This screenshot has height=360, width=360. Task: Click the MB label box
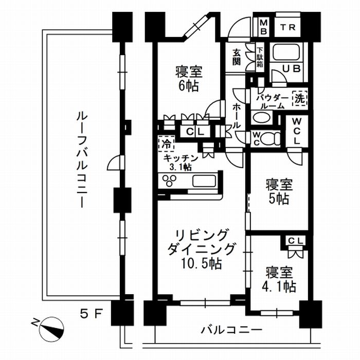coord(263,26)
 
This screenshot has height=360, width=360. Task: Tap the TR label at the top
coord(288,27)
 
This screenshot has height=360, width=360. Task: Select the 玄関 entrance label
coord(237,57)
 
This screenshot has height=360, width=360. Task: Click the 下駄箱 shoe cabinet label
coord(260,57)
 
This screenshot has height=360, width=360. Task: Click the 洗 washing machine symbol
coord(299,98)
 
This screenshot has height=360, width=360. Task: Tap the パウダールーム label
coord(271,101)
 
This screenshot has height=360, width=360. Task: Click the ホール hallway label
coord(237,116)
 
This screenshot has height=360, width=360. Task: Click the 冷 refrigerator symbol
coord(166,142)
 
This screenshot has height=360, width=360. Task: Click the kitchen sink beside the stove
coord(204,182)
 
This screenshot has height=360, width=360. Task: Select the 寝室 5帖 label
coord(278,191)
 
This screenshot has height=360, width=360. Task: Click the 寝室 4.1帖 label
coord(280,279)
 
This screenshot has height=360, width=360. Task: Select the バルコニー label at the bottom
coord(224,330)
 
